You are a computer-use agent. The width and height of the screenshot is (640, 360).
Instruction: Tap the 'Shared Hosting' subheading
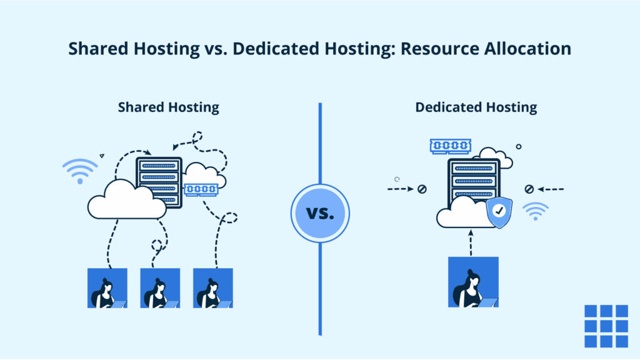point(169,107)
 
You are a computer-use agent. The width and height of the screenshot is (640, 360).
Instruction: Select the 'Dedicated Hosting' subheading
point(476,107)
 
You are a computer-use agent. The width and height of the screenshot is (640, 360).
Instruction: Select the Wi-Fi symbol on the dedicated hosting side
point(536,212)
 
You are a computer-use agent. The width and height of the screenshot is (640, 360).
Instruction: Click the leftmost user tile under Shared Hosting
point(107,288)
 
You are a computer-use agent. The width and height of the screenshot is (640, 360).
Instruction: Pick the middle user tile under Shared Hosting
point(160,288)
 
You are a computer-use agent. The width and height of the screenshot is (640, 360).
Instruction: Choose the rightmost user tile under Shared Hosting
point(213,288)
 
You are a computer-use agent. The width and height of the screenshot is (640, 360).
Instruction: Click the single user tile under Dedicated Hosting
point(473,282)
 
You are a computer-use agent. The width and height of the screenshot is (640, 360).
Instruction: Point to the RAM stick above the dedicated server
point(450,146)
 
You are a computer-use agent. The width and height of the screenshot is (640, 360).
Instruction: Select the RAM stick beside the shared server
point(201,189)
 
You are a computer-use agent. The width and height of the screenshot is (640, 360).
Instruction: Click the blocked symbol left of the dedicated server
point(422,189)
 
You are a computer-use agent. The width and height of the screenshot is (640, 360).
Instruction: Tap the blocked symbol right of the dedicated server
point(529,189)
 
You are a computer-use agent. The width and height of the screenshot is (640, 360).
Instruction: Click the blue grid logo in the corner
point(606,326)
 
